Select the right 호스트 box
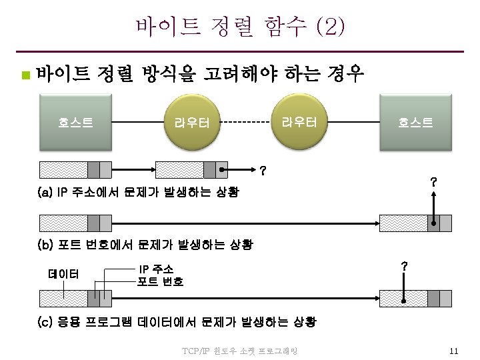tap(415, 121)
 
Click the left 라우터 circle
tap(192, 122)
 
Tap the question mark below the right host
tap(433, 181)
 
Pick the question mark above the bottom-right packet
tap(404, 267)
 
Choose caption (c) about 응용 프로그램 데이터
tap(177, 322)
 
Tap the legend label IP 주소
tap(155, 269)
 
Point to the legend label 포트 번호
tap(160, 281)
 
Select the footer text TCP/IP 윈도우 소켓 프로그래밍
tap(239, 351)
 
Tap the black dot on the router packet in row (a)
tap(223, 169)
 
